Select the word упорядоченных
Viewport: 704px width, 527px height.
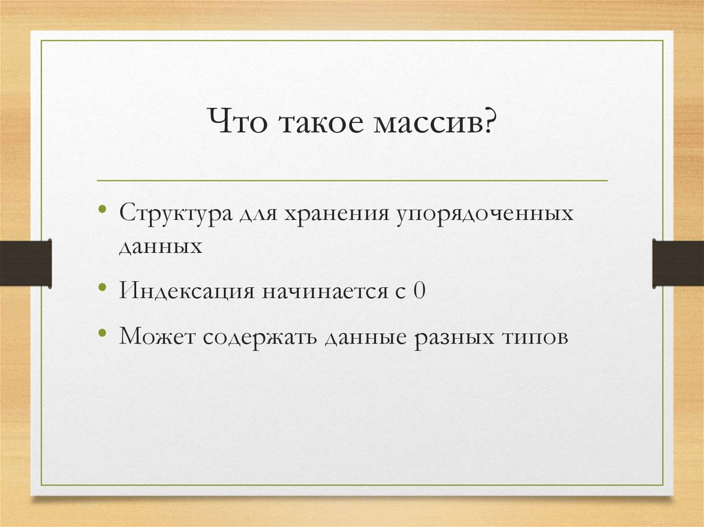(x=484, y=214)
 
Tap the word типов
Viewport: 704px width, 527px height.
(x=535, y=337)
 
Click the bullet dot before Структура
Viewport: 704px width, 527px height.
(x=102, y=209)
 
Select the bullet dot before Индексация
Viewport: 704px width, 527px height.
(x=102, y=287)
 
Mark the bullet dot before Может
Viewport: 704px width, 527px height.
(x=102, y=332)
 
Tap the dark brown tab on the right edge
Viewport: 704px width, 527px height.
(x=678, y=263)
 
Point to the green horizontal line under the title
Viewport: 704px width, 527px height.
(x=352, y=181)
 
